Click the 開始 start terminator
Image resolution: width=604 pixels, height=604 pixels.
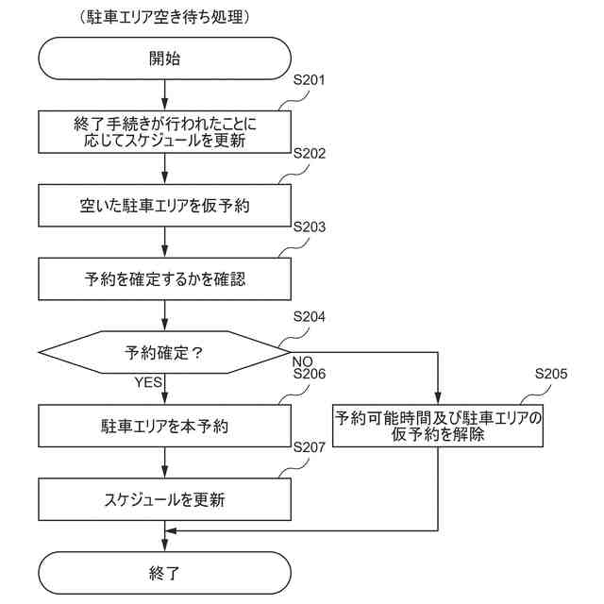coord(164,58)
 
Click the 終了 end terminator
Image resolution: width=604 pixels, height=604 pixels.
coord(164,572)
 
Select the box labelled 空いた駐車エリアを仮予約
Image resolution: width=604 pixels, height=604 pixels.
coord(164,205)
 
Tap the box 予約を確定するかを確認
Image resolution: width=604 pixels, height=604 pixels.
coord(164,278)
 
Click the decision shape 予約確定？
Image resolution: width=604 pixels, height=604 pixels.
coord(164,353)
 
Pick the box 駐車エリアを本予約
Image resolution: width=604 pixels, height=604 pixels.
coord(164,427)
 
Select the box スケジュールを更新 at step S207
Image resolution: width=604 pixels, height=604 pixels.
coord(164,499)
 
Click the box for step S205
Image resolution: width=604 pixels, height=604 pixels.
coord(439,427)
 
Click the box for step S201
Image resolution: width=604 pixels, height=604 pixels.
coord(164,131)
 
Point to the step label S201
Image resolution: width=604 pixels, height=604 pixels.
coord(309,80)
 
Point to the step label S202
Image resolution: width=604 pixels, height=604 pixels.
coord(309,153)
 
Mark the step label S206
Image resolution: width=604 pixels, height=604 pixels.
coord(309,375)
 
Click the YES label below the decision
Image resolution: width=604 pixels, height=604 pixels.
coord(149,382)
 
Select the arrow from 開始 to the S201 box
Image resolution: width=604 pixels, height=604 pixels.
coord(164,94)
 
